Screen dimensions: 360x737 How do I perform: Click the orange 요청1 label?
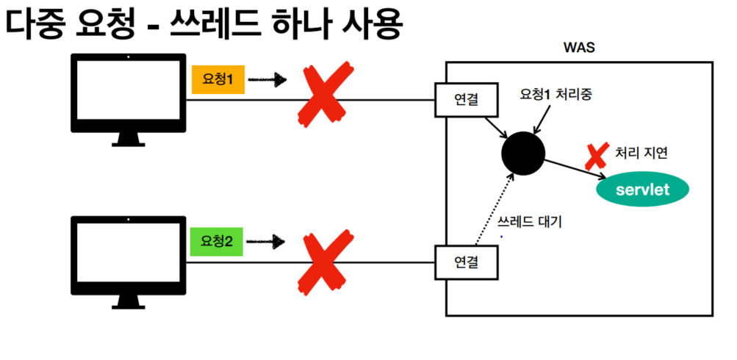(218, 79)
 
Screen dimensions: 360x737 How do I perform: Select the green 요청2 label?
(218, 241)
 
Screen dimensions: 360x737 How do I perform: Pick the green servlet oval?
(643, 190)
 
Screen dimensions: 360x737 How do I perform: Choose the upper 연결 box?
(467, 99)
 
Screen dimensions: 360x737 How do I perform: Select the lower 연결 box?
(467, 261)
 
